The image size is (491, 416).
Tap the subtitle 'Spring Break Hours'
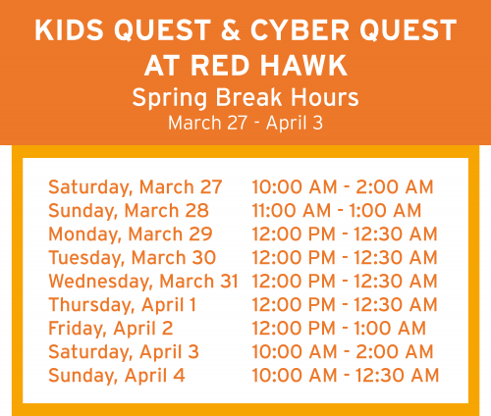245,99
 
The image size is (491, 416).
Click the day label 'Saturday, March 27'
135,186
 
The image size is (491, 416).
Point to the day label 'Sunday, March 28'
129,210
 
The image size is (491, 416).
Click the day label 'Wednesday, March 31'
142,281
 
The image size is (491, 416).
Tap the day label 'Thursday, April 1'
122,304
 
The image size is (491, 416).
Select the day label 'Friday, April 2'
110,328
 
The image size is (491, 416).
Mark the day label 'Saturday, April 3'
123,351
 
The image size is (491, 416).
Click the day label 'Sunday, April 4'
116,375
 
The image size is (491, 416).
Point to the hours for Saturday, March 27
343,186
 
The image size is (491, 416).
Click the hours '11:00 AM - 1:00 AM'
337,210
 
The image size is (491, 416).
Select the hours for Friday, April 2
339,328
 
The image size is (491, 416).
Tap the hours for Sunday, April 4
345,375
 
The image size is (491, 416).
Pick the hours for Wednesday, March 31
345,281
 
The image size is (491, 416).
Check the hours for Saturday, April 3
343,351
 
